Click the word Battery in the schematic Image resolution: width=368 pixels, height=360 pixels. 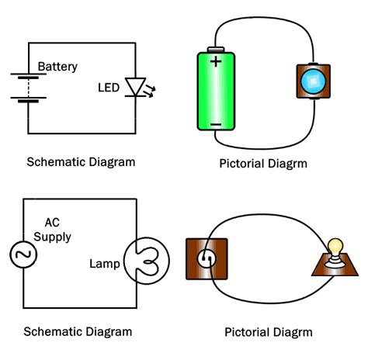coord(57,67)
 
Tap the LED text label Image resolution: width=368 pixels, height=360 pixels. coord(109,88)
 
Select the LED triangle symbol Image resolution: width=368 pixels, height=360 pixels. coord(135,87)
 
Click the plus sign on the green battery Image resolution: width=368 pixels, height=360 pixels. coord(216,61)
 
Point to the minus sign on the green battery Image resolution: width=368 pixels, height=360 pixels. coord(216,125)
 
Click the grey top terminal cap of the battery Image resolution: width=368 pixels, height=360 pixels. coord(216,50)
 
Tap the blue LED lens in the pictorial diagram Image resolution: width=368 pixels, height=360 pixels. coord(314,81)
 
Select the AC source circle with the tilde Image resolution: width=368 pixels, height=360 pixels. coord(23,254)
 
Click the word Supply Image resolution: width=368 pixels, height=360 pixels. coord(52,237)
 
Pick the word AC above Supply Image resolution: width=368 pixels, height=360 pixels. coord(52,223)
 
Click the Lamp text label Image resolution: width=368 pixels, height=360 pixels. coord(105,264)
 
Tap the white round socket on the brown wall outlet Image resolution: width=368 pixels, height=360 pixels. coord(207,258)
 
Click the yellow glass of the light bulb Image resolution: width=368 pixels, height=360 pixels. coord(335,247)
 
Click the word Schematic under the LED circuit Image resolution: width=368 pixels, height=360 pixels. coord(56,162)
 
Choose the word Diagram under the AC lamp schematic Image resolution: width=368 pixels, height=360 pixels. coord(109,332)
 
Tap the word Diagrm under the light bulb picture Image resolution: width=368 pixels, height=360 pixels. coord(293,333)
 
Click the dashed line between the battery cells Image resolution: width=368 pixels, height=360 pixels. coord(29,88)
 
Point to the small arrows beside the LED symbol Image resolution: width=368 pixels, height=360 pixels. coord(151,91)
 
